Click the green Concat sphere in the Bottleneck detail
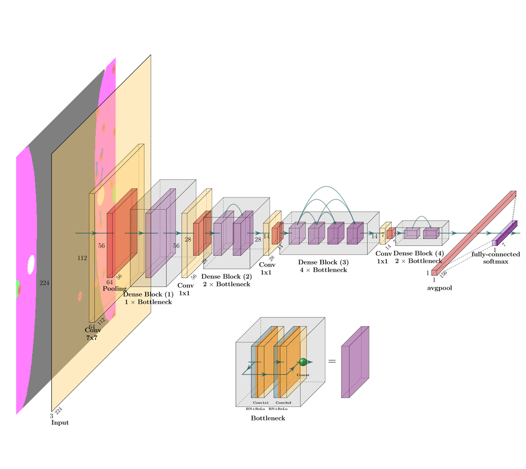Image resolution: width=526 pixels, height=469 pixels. point(303,362)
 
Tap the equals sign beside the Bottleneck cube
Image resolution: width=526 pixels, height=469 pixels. point(331,362)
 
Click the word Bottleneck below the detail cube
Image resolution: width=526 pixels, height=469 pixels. point(268,418)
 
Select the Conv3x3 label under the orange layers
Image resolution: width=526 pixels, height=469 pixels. point(291,402)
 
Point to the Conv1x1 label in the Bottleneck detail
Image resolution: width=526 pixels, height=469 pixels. point(261,402)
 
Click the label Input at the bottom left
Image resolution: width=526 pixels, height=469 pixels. point(60,423)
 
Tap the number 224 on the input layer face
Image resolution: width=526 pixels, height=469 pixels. point(45,283)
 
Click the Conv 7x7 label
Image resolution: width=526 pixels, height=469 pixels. point(93,334)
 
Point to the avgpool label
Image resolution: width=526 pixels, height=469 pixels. point(439,288)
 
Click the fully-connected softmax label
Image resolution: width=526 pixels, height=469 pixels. point(495,257)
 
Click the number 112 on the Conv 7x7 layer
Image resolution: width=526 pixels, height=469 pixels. point(82,258)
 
